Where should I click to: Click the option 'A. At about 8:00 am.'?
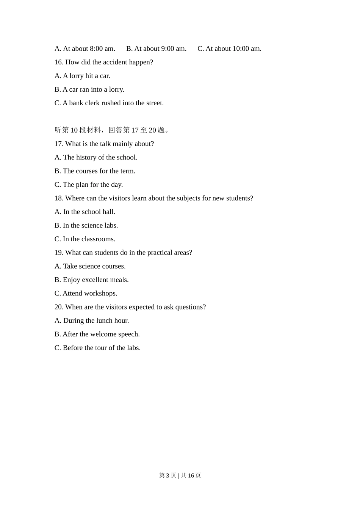click(x=85, y=48)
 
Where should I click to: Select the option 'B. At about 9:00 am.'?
click(x=156, y=48)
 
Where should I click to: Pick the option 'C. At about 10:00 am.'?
click(x=229, y=48)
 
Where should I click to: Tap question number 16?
click(x=59, y=62)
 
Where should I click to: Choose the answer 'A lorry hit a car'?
click(x=82, y=76)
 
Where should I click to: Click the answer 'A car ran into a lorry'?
click(x=89, y=89)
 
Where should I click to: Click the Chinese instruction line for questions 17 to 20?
click(x=112, y=130)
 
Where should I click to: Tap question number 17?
click(x=59, y=144)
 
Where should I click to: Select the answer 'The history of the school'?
click(x=96, y=158)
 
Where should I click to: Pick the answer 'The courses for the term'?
click(x=95, y=171)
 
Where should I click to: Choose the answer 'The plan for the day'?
click(x=89, y=185)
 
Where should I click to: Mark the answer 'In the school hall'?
click(x=85, y=212)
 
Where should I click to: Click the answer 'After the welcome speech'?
click(x=97, y=334)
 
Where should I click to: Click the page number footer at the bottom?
click(x=180, y=475)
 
